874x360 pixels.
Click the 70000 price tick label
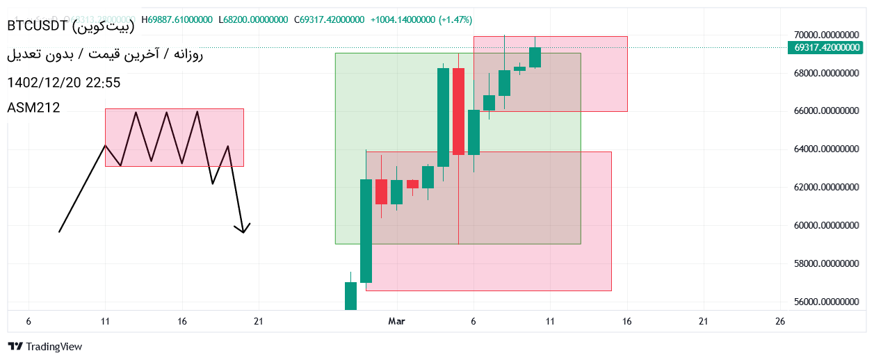826,35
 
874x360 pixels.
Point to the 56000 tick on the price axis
826,302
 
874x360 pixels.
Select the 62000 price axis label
826,188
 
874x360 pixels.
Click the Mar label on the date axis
396,321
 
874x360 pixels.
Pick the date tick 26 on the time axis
780,321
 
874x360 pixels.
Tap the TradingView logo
45,346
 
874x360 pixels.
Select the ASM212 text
33,108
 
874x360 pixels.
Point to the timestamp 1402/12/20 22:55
63,83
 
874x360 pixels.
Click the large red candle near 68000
458,111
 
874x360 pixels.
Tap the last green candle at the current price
535,57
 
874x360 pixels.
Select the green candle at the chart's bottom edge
350,295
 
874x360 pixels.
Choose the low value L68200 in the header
253,20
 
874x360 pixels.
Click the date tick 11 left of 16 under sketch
105,321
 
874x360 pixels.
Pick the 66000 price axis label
826,111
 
